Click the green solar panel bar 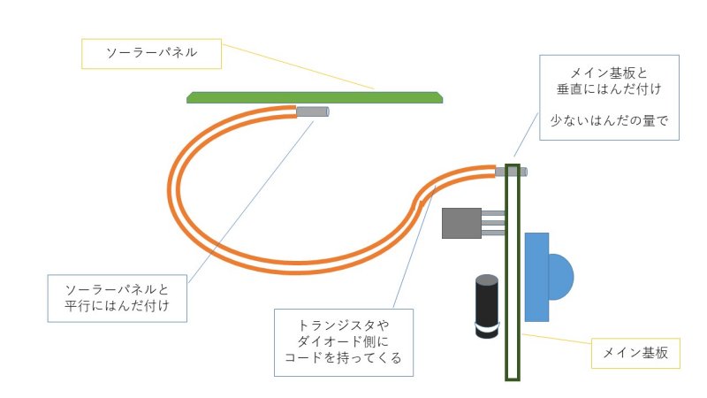point(315,97)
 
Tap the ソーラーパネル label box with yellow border point(151,54)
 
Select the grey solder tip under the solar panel point(313,111)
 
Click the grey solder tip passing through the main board point(511,172)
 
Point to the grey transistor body point(461,223)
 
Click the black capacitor point(487,306)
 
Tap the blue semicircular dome point(561,277)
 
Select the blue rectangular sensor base point(536,277)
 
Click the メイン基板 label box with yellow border point(635,353)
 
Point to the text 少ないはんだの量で point(609,120)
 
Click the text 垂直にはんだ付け point(609,89)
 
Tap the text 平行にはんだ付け point(118,305)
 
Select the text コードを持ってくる point(343,357)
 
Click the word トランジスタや point(344,325)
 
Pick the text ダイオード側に point(343,341)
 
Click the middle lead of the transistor point(493,223)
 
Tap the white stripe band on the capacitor point(488,327)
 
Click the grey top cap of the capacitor point(487,279)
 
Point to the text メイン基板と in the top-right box point(609,73)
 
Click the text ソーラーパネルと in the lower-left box point(118,289)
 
